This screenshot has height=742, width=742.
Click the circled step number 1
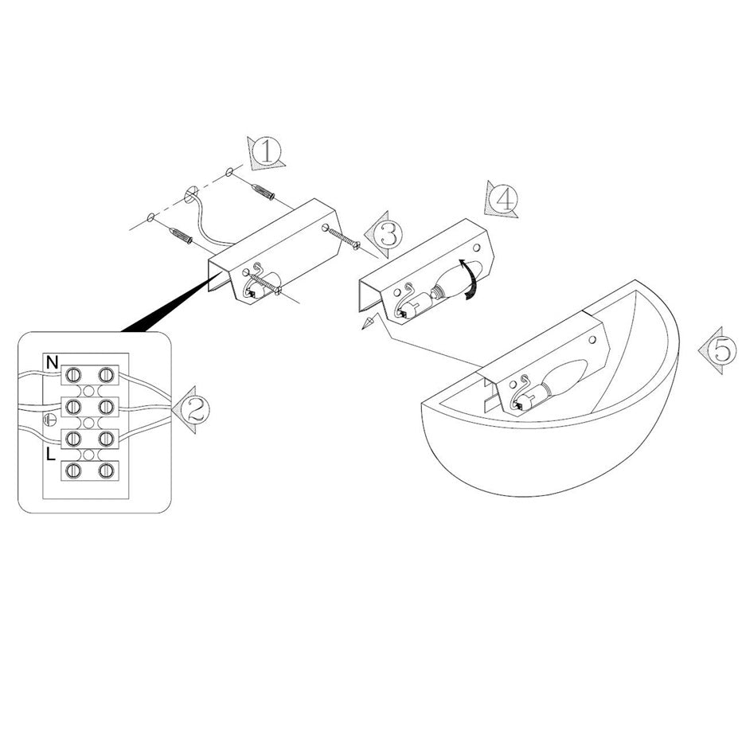[267, 151]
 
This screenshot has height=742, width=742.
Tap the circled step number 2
[194, 409]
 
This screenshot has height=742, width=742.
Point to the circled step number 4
[504, 199]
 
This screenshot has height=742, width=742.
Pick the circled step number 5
[723, 350]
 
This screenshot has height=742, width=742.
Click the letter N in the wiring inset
[52, 363]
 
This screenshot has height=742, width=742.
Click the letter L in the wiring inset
[51, 455]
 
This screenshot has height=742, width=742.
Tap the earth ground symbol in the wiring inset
[50, 420]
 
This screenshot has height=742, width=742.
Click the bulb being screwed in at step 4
[453, 280]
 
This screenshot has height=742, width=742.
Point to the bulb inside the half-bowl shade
[560, 379]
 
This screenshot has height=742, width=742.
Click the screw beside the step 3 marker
[344, 238]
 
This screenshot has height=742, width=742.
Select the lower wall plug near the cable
[181, 235]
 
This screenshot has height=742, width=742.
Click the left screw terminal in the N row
[73, 375]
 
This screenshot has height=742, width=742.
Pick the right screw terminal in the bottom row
[106, 471]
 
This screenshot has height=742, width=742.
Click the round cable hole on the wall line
[190, 194]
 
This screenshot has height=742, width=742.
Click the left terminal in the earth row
[73, 407]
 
